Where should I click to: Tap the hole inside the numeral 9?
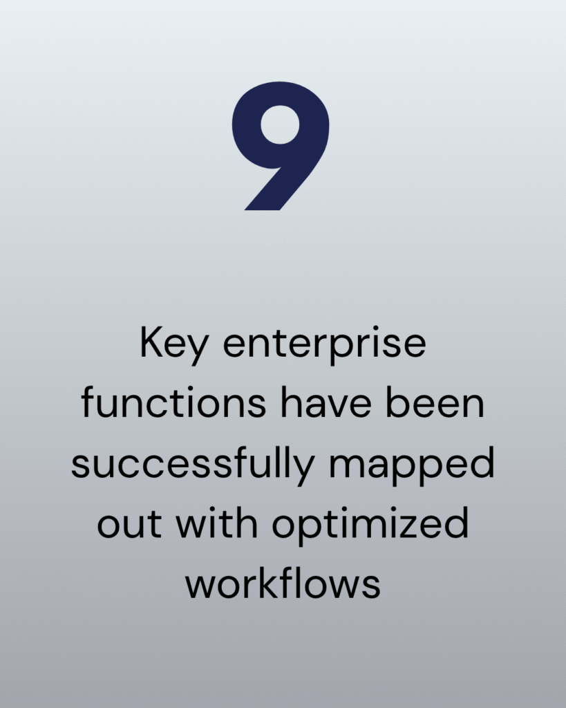click(x=281, y=124)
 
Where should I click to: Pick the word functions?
click(x=173, y=402)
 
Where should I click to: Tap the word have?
click(x=326, y=402)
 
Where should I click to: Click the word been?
click(x=435, y=402)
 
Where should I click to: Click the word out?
click(x=129, y=524)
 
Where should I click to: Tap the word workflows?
click(x=283, y=582)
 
